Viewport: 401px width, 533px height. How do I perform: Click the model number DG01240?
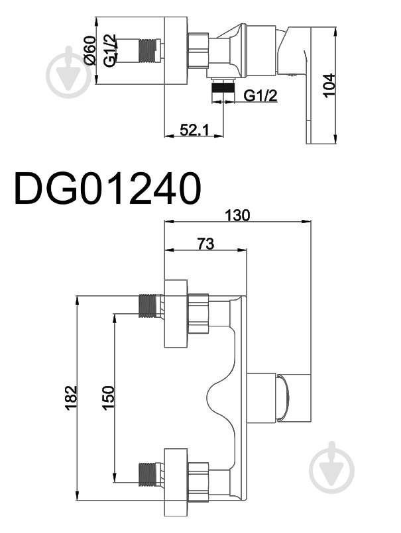point(107,188)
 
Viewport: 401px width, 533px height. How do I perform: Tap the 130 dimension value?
point(237,215)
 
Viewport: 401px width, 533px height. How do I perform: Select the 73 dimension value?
point(205,244)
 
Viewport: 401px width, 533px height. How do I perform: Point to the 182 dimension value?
point(71,398)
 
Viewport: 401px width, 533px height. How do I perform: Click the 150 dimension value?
point(108,398)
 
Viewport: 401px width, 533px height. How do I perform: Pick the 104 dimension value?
point(329,85)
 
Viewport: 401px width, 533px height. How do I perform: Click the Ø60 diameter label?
point(90,50)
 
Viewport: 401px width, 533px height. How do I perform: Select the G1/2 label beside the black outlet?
point(260,96)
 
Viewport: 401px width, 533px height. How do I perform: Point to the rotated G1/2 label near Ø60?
point(109,50)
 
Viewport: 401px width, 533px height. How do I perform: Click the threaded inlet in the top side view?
point(149,50)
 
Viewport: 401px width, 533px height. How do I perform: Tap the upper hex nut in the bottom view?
point(198,313)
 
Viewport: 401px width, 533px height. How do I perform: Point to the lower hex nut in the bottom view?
point(198,481)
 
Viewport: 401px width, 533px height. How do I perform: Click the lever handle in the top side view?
point(308,85)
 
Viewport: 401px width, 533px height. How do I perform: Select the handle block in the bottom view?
point(294,399)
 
